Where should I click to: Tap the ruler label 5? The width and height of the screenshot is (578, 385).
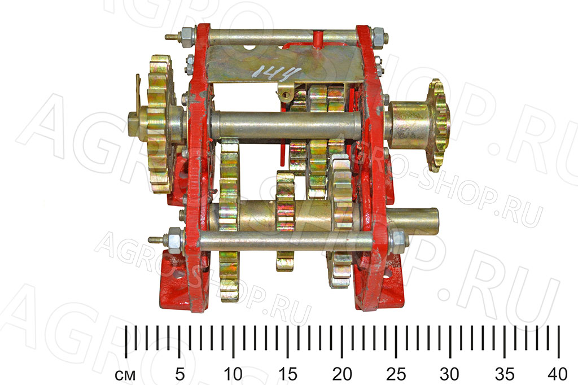click(179, 374)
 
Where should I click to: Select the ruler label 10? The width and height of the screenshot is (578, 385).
click(233, 374)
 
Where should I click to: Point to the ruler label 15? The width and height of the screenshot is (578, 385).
click(287, 374)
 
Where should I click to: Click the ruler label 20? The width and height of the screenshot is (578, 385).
click(341, 374)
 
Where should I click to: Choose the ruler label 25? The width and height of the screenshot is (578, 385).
click(396, 374)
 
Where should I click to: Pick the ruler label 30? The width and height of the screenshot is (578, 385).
click(449, 374)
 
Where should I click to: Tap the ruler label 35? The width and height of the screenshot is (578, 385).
click(504, 374)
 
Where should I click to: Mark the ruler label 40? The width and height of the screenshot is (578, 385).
click(557, 374)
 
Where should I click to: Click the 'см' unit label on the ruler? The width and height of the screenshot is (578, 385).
click(125, 375)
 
